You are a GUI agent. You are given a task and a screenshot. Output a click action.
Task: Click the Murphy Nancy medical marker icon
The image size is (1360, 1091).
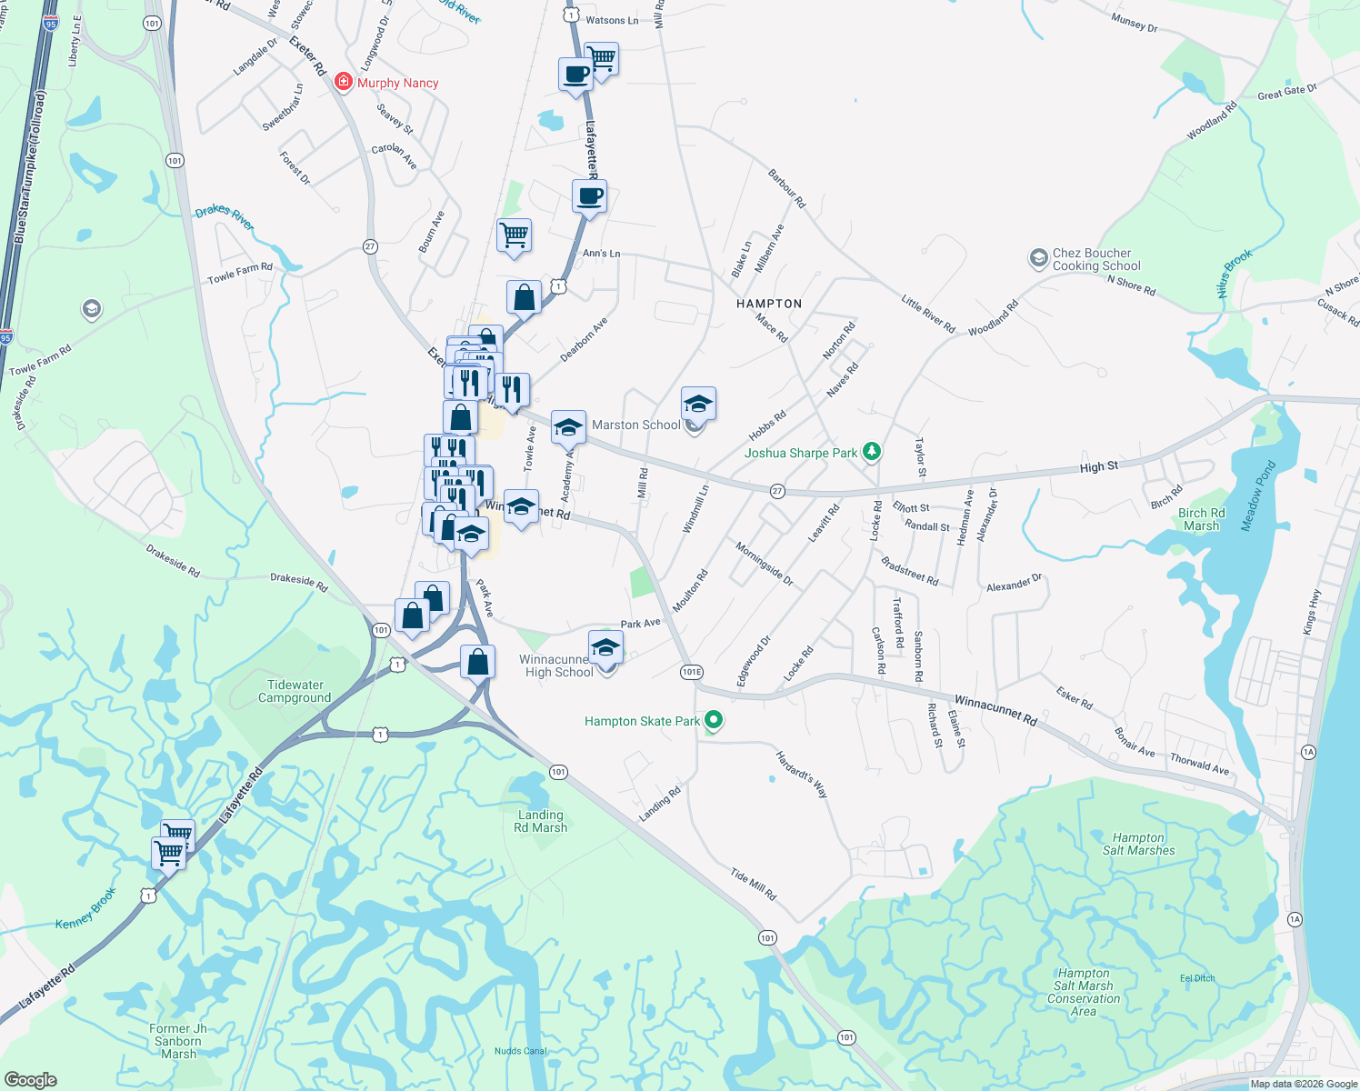point(343,83)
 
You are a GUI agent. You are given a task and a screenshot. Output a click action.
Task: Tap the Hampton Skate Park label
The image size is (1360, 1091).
point(642,721)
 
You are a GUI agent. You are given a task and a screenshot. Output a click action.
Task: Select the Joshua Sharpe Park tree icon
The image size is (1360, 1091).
point(872,452)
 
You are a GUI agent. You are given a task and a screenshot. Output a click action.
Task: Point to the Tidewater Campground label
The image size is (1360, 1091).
point(295,691)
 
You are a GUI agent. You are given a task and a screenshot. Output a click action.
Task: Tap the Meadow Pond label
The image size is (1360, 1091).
point(1258,495)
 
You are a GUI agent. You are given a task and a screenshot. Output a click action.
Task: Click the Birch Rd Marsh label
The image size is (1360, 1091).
point(1201,519)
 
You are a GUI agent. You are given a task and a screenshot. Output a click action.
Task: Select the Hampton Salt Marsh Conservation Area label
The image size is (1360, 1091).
point(1083,992)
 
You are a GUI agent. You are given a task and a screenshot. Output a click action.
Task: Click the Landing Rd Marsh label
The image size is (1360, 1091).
point(540,821)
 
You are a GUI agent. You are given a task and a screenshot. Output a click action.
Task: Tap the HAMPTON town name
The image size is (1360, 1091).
point(769,304)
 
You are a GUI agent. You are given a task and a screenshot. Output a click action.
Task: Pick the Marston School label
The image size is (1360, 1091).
point(635,425)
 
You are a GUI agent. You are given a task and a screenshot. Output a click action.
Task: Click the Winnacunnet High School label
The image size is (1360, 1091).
point(557,666)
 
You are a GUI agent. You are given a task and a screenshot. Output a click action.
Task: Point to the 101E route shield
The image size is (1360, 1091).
point(691,672)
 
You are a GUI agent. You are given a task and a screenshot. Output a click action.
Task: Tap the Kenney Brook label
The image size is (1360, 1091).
point(85,908)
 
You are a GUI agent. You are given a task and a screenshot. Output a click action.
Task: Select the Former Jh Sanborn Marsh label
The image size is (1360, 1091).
point(178,1041)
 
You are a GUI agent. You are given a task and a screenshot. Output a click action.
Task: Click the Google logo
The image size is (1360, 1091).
point(30,1079)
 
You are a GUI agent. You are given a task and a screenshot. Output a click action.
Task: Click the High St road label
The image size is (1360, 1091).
point(1098,466)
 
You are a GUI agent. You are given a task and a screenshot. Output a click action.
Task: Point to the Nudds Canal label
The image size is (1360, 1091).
point(521,1051)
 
